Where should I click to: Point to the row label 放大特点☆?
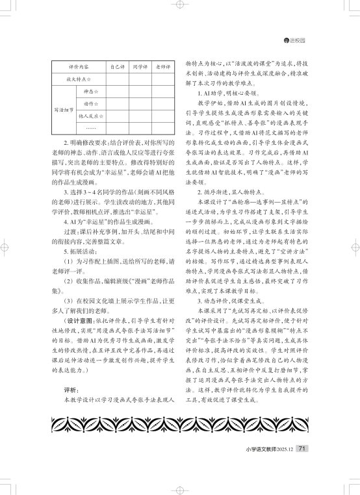[x=77, y=79]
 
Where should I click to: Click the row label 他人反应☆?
[x=88, y=116]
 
